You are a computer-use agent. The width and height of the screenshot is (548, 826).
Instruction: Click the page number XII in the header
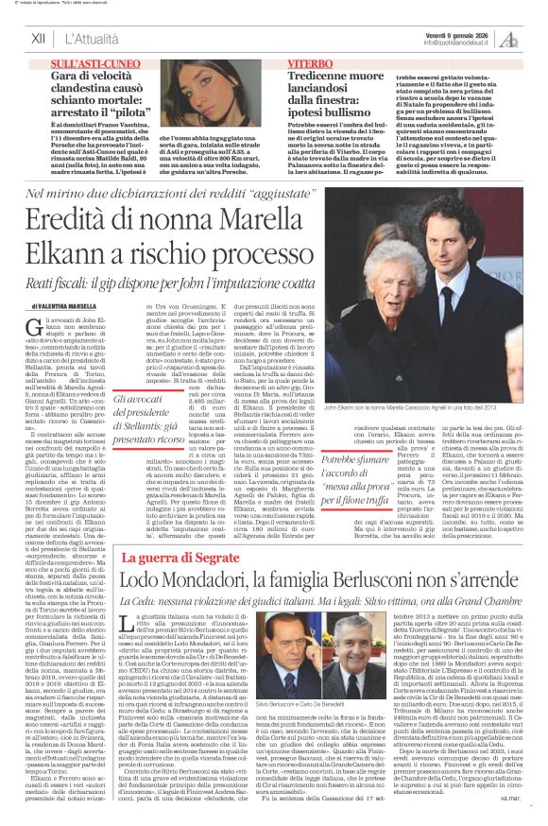(38, 38)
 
